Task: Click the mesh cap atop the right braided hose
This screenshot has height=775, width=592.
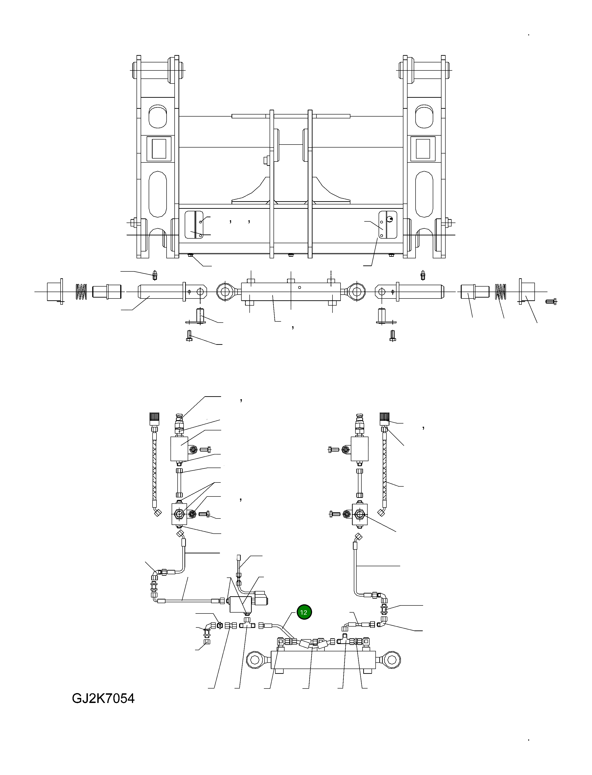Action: click(384, 418)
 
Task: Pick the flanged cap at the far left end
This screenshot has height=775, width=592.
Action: click(55, 292)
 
